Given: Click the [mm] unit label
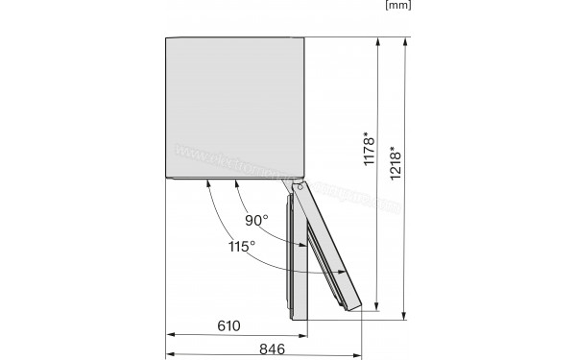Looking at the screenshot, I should click(397, 7).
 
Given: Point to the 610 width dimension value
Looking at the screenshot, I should click(228, 325).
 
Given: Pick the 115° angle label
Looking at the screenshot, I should click(241, 247).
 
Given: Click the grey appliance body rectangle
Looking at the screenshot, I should click(235, 108).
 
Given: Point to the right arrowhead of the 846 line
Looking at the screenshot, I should click(362, 357).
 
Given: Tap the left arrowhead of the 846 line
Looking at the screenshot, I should click(171, 357).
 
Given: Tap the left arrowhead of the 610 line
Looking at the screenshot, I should click(171, 336).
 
